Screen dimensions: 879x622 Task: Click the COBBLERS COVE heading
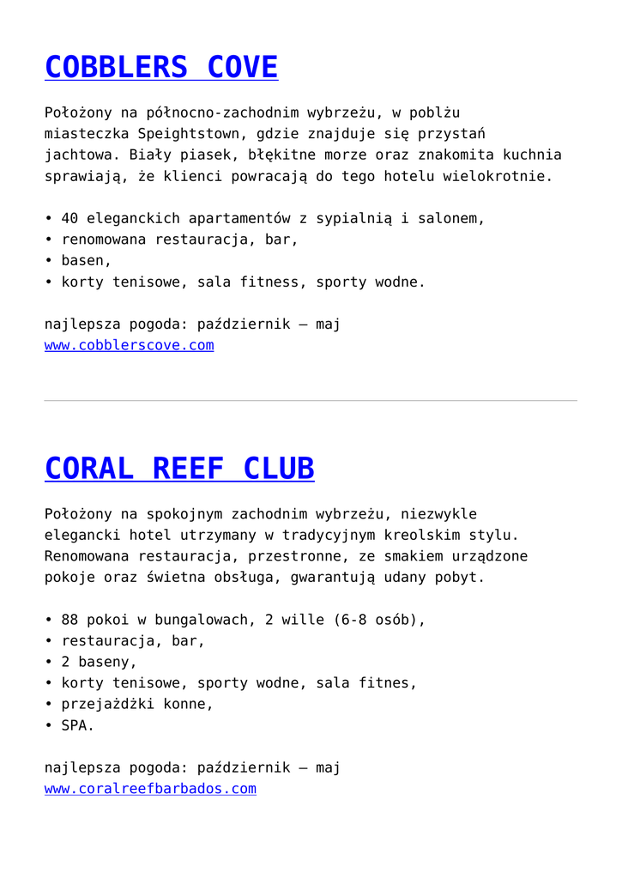coord(161,67)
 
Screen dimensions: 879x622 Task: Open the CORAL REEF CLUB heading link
coord(179,469)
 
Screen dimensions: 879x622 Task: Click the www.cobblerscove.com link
coord(129,345)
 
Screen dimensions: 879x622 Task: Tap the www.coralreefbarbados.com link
coord(150,788)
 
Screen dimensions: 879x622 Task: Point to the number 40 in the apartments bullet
coord(69,218)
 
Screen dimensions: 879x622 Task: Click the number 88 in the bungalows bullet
coord(69,620)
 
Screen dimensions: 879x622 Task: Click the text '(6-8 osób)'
coord(378,620)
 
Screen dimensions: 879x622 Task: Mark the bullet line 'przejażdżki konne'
coord(136,704)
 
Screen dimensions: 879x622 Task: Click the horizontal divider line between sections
coord(311,401)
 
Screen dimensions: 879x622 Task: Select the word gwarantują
coord(333,577)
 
